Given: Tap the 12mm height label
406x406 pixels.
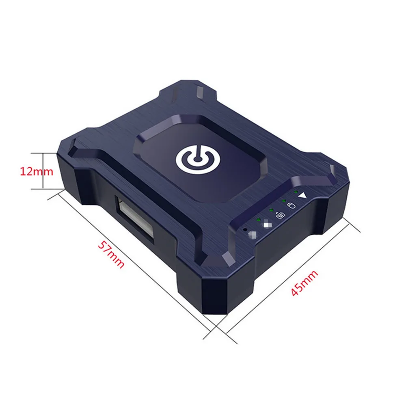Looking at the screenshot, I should point(37,171).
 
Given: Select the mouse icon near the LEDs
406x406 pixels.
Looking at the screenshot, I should point(291,205).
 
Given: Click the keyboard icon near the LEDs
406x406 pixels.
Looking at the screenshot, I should point(279,215).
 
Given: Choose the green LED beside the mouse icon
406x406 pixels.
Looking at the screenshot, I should point(283,200).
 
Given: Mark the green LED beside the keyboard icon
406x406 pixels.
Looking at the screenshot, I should point(271,209).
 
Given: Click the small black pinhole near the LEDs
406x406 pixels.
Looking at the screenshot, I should point(246,229).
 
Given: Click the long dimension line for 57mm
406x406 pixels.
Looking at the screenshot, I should point(134,264).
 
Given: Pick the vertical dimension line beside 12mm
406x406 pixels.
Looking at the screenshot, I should point(42,171).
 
